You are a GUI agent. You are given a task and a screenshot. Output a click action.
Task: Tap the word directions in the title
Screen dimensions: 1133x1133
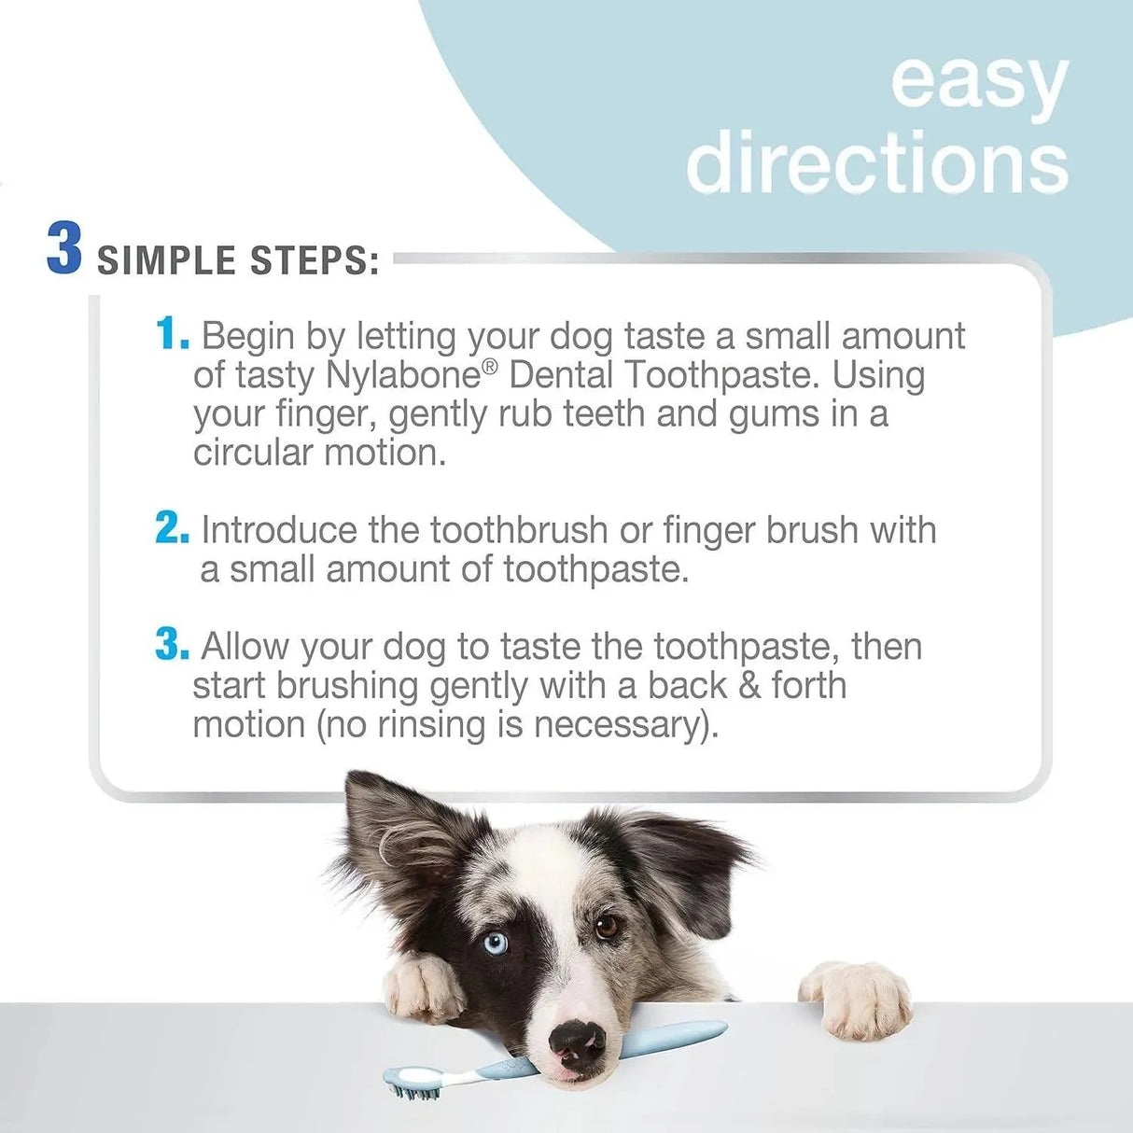click(x=877, y=162)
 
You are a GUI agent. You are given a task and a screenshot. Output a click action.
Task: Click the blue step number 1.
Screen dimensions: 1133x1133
click(x=171, y=334)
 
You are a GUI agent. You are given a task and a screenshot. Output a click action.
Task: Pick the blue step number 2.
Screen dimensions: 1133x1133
click(x=172, y=528)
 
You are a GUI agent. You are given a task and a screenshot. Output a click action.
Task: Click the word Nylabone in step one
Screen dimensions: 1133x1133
click(x=402, y=375)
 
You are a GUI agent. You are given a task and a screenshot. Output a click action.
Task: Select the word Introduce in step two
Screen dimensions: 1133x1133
click(x=279, y=530)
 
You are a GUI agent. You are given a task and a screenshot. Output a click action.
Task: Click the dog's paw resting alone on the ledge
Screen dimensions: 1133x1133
click(x=856, y=998)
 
